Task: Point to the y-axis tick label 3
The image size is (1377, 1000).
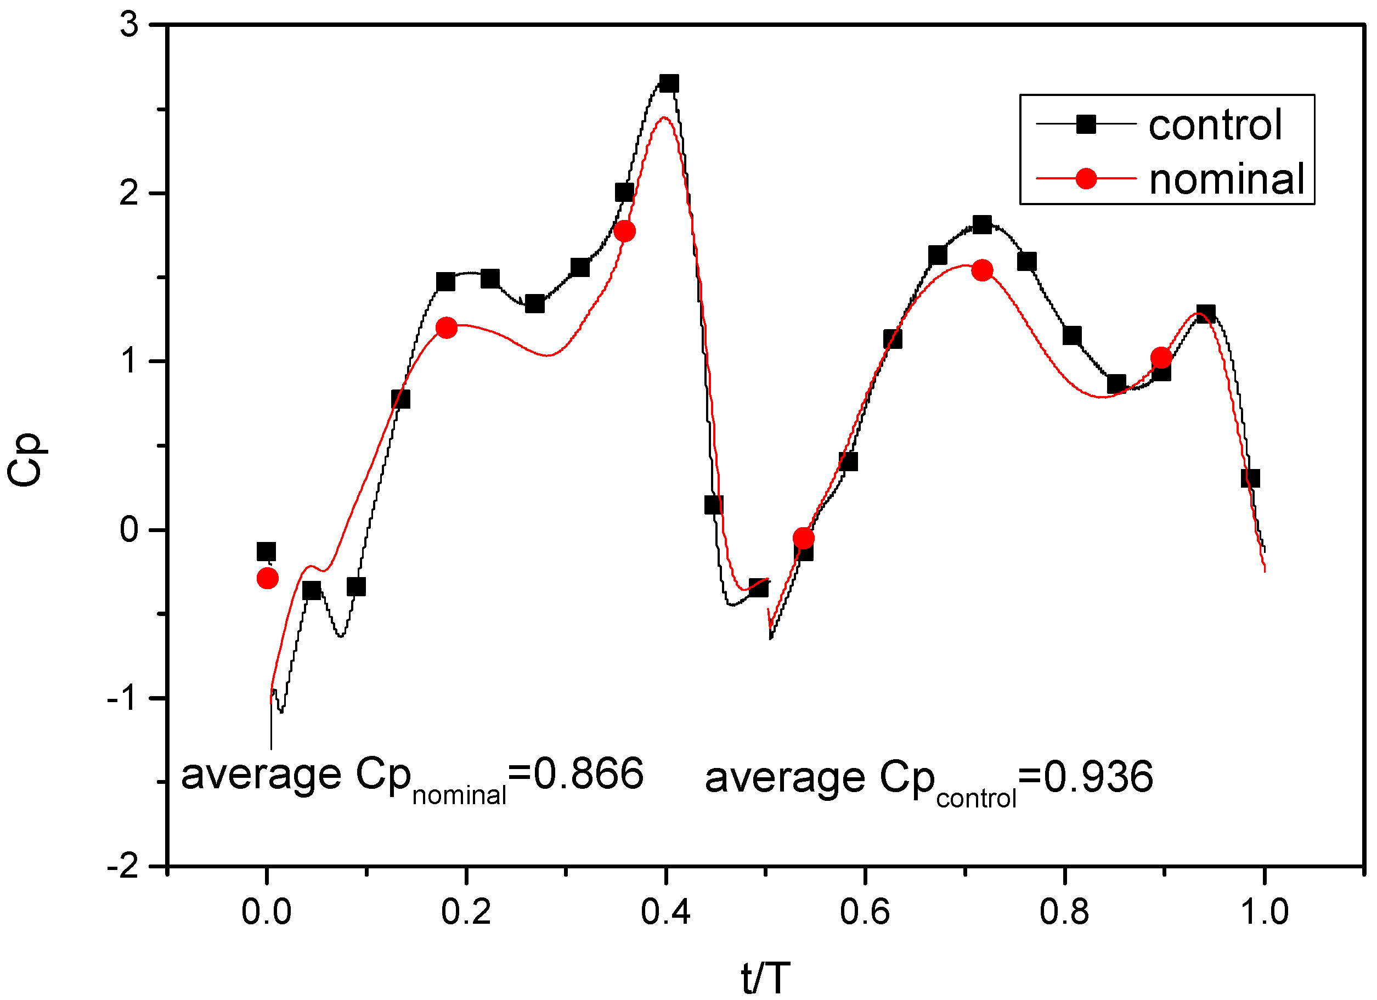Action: [x=129, y=25]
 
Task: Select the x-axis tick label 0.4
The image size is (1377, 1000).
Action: [x=665, y=912]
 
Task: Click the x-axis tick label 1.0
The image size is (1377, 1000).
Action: [x=1263, y=912]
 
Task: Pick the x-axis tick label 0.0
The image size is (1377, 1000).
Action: [x=266, y=912]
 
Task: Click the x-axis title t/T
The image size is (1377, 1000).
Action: [x=766, y=978]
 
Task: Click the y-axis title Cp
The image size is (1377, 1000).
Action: [x=25, y=460]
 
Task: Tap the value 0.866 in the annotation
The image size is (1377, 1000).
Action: [x=588, y=774]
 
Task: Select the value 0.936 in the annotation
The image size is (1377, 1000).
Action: [x=1098, y=777]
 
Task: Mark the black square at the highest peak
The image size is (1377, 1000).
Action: [x=668, y=84]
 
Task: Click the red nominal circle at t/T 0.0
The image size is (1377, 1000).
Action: [x=268, y=578]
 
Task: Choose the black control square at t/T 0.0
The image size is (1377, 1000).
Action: [x=266, y=551]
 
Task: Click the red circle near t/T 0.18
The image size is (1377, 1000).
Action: [x=446, y=328]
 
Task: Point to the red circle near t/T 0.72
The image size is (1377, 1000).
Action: [x=982, y=270]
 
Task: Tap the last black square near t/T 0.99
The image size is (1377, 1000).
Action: [x=1250, y=478]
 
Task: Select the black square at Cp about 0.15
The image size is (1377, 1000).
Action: [x=713, y=505]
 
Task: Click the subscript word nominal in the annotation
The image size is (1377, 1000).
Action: [x=459, y=795]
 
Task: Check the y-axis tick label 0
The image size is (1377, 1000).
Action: [x=129, y=530]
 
